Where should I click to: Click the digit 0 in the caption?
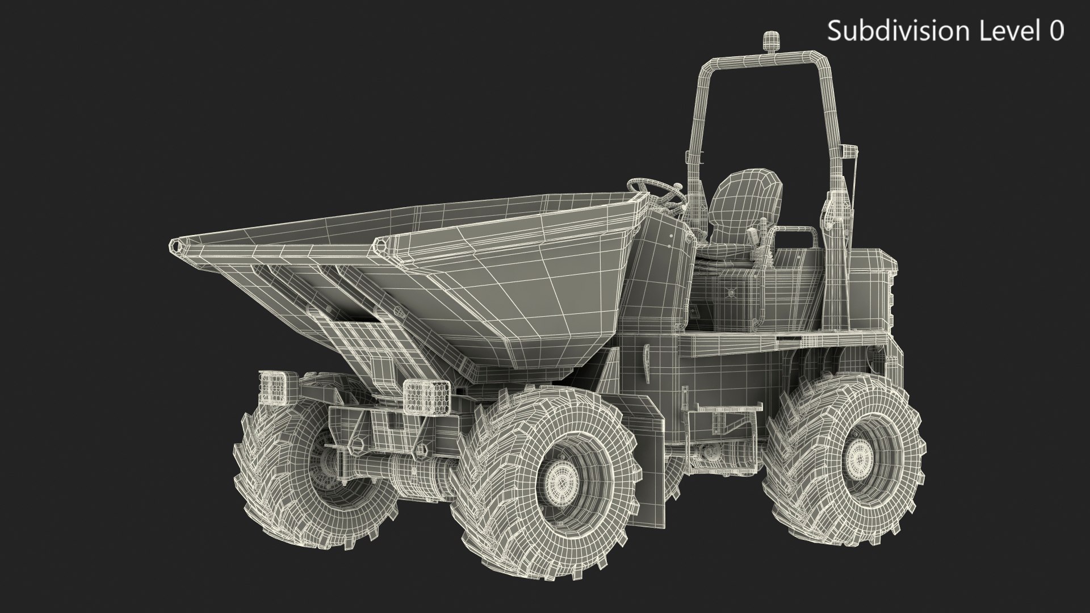(x=1057, y=31)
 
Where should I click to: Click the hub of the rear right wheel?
(x=855, y=455)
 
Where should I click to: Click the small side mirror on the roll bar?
(x=850, y=151)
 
